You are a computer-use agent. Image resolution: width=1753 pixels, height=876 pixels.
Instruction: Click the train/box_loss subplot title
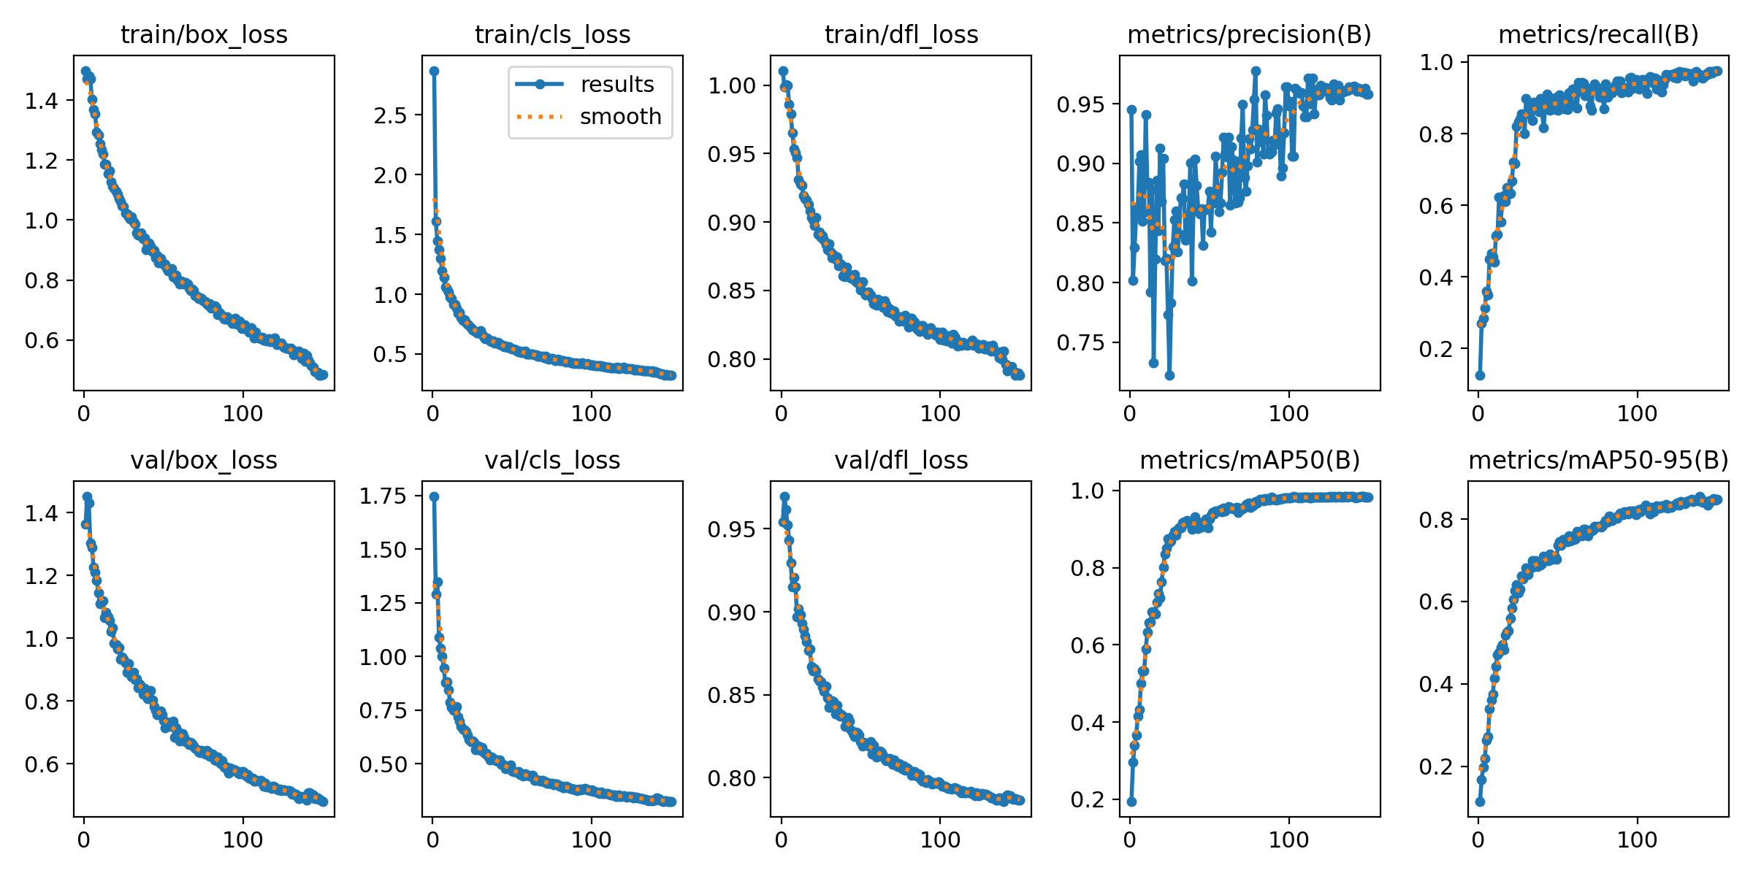coord(204,35)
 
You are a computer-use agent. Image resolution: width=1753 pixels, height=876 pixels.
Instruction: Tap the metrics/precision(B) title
coord(1249,35)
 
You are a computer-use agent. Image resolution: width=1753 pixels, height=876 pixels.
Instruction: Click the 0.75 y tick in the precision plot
coord(1080,343)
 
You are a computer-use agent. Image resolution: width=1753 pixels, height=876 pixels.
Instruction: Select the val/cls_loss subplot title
coord(552,461)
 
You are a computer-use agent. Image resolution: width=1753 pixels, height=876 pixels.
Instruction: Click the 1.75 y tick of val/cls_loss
coord(383,496)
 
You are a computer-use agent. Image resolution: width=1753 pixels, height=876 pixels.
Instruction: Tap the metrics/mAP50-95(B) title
coord(1598,461)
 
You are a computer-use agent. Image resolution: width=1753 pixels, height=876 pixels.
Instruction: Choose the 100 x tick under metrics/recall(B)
coord(1637,414)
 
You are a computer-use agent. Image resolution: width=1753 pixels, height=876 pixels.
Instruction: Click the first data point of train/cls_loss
coord(434,71)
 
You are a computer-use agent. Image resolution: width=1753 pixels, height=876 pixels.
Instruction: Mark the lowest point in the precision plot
coord(1169,375)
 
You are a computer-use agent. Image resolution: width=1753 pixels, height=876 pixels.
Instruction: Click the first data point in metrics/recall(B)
coord(1480,375)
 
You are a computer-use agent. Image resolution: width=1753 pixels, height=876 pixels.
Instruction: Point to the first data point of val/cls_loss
coord(434,496)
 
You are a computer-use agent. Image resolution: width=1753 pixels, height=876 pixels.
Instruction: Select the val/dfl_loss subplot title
coord(901,461)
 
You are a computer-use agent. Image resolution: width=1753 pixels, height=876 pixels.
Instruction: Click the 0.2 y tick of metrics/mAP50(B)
coord(1088,800)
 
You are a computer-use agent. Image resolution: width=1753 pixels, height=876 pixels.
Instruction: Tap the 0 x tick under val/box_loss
coord(84,840)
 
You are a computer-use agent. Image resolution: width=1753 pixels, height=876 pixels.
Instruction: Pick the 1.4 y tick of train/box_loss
coord(42,101)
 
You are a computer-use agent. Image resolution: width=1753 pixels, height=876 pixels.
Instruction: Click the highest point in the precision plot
coord(1256,71)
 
